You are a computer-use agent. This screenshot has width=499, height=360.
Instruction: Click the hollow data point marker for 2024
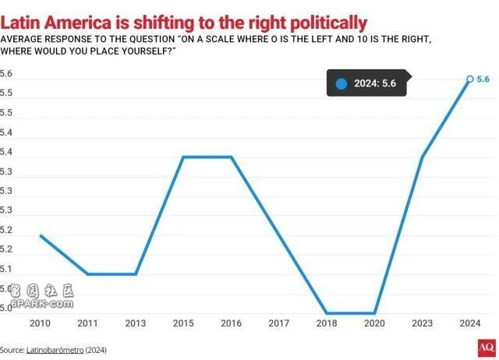(469, 79)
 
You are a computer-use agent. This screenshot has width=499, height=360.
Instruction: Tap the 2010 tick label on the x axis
(41, 323)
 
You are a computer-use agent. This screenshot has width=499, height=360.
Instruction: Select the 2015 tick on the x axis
(183, 323)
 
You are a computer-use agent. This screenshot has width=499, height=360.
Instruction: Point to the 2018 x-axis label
(326, 323)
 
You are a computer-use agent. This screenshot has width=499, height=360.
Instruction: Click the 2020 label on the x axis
(374, 323)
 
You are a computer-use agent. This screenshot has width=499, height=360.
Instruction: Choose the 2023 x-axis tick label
(422, 323)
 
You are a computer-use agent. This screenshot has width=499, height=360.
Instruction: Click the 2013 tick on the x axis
(136, 323)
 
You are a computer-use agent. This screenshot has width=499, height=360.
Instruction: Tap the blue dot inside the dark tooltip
(341, 84)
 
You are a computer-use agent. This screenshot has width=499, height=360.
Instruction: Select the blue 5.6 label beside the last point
(483, 79)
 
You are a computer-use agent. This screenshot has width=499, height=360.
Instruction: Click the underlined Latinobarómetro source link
(55, 350)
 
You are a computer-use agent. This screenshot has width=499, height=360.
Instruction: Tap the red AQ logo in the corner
(486, 348)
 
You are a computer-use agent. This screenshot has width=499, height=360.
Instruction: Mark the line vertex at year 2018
(326, 313)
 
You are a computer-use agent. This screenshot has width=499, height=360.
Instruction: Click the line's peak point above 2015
(183, 157)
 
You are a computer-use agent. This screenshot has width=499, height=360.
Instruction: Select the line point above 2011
(88, 274)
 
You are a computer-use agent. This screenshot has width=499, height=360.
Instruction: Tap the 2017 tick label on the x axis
(278, 323)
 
